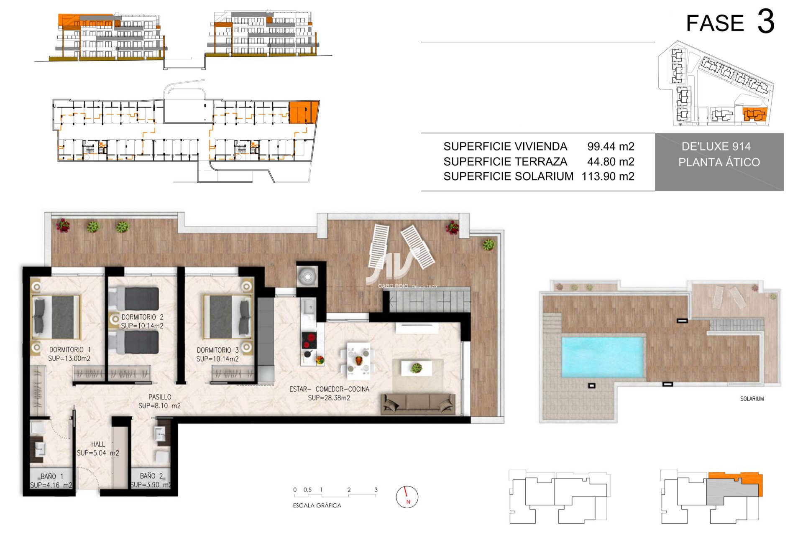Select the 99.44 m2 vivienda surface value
pos(611,146)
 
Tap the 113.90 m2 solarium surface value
pos(608,176)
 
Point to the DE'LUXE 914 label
pos(716,146)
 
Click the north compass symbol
pos(407,497)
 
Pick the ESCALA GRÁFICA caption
pos(317,505)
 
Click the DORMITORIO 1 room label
pos(70,350)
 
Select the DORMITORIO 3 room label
pos(217,350)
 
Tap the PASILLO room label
pos(160,397)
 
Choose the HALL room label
pos(98,444)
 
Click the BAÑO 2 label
pos(151,476)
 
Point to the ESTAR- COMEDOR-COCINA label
pos(329,389)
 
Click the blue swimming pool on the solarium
pos(602,357)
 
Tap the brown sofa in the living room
pos(418,404)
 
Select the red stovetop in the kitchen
pos(309,341)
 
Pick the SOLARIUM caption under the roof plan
pos(752,399)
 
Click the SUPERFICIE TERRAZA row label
pos(505,161)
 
